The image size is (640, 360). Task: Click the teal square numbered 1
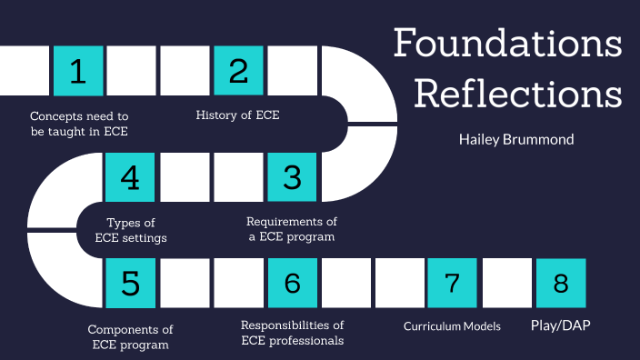[78, 71]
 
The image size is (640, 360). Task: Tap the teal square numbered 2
[238, 71]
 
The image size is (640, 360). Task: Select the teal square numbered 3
[292, 176]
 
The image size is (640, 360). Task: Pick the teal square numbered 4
[131, 176]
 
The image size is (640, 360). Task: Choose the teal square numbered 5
[131, 283]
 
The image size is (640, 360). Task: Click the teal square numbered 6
[292, 283]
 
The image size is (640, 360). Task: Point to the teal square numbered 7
[453, 283]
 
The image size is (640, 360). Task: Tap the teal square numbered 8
[560, 283]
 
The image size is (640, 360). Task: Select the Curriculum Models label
[452, 325]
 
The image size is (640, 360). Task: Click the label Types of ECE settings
[131, 230]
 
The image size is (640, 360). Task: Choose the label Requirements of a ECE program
[292, 229]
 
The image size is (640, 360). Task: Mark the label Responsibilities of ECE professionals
[292, 333]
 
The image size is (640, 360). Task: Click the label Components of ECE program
[130, 336]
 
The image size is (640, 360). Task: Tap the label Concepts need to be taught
[80, 124]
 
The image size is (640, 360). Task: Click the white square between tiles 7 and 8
[506, 283]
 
